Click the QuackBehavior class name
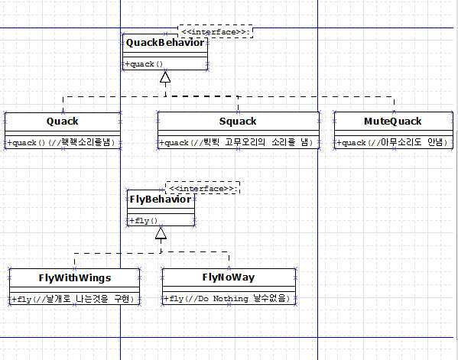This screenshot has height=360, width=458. click(165, 43)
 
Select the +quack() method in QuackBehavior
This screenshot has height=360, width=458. click(144, 64)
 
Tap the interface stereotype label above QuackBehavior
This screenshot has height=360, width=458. click(216, 32)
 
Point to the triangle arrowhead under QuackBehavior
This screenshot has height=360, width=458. click(165, 76)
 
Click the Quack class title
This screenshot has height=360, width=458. click(63, 122)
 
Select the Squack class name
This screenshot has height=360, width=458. click(238, 122)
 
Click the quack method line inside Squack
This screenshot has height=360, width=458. click(236, 142)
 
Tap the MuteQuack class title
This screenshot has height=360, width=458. click(392, 122)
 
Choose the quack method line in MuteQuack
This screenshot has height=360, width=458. click(392, 142)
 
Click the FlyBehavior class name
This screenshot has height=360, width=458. click(161, 199)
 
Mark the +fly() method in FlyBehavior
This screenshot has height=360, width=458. click(144, 220)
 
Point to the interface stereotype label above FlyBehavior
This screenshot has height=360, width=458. click(203, 189)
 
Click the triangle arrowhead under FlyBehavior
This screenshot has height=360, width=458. click(161, 233)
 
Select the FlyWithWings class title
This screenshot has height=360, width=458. click(75, 278)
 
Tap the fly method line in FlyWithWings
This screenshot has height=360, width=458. click(73, 300)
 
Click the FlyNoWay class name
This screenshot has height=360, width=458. click(229, 277)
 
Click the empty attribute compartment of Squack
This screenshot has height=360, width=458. click(239, 133)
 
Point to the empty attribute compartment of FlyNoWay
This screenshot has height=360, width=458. click(229, 289)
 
